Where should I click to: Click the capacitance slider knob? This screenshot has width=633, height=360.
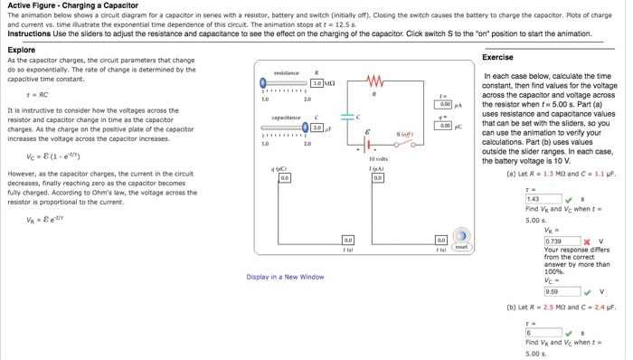point(305,128)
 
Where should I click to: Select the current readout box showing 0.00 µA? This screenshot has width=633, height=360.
point(444,105)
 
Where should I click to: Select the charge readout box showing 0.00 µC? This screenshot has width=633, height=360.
point(444,127)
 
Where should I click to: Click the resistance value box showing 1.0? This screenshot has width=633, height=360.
point(317,83)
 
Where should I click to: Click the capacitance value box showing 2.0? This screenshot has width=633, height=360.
point(317,128)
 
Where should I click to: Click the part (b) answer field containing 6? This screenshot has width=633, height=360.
point(543,331)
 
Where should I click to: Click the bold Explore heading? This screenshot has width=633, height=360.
point(21,50)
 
